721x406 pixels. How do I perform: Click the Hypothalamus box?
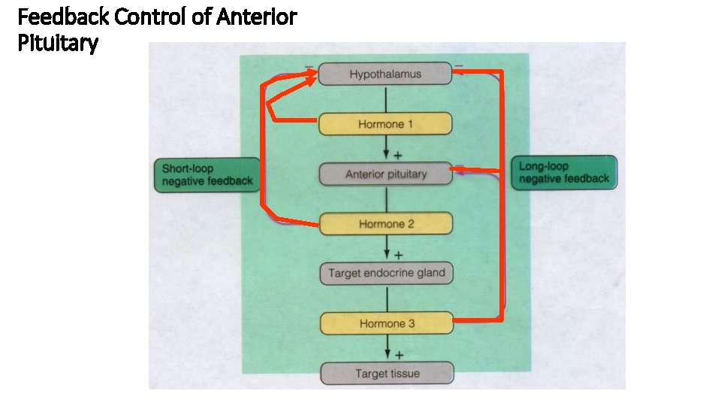pyautogui.click(x=385, y=74)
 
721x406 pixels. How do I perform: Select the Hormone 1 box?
pyautogui.click(x=385, y=123)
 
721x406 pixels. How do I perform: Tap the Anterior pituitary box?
pyautogui.click(x=385, y=174)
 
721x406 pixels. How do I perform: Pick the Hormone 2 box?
pyautogui.click(x=385, y=223)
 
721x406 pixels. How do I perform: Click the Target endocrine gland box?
pyautogui.click(x=386, y=273)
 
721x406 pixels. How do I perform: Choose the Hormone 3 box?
pyautogui.click(x=386, y=323)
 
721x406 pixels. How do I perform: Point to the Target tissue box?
pyautogui.click(x=387, y=373)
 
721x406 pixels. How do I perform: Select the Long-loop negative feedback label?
pyautogui.click(x=564, y=173)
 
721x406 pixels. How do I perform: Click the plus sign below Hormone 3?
pyautogui.click(x=399, y=353)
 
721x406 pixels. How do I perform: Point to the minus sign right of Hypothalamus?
pyautogui.click(x=459, y=65)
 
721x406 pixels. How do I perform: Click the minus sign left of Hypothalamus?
pyautogui.click(x=309, y=66)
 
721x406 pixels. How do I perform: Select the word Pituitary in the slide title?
pyautogui.click(x=56, y=44)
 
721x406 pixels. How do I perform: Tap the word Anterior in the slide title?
pyautogui.click(x=255, y=16)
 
